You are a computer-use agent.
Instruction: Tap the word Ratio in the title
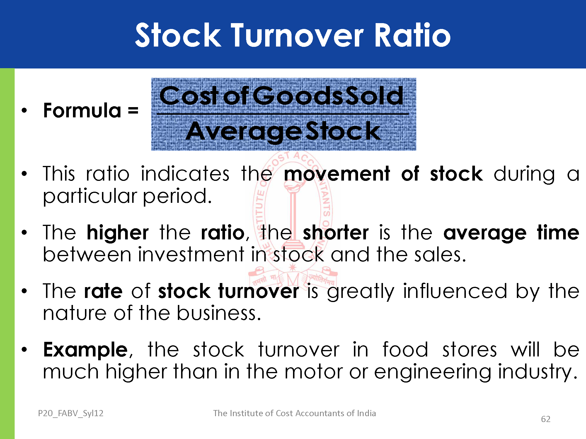click(x=413, y=35)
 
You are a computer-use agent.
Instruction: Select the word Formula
click(x=82, y=110)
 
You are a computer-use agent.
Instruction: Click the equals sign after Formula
click(x=133, y=111)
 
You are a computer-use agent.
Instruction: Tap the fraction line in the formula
click(x=283, y=114)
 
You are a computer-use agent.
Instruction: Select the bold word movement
click(x=337, y=174)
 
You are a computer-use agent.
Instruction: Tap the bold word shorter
click(x=335, y=233)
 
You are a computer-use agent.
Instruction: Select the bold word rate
click(x=103, y=291)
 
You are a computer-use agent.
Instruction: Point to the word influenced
click(x=455, y=291)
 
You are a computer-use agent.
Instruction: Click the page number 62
click(x=546, y=419)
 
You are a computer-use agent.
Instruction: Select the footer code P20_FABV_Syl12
click(x=71, y=413)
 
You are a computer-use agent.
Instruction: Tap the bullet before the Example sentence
click(x=24, y=349)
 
